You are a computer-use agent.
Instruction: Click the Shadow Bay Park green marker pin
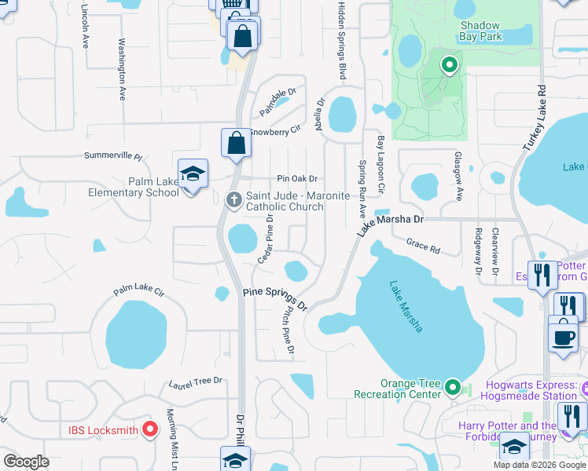449,65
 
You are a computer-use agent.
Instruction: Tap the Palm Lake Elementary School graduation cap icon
193,175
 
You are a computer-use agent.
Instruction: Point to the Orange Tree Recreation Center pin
452,387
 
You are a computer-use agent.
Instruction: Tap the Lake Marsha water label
405,307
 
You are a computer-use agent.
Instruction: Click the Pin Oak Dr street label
296,179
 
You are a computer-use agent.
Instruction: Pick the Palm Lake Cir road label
138,291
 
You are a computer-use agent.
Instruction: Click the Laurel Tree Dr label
196,382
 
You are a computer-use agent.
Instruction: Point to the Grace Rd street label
423,246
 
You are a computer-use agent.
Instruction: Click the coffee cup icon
563,336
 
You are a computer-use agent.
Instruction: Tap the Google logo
27,462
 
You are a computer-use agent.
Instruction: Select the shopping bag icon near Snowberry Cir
236,144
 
